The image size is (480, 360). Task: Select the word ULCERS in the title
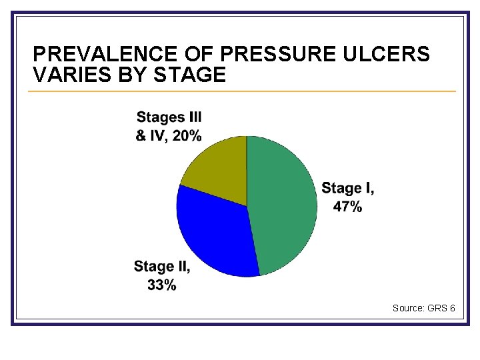[389, 55]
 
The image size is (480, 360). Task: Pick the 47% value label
[348, 207]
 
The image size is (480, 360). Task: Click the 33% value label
[162, 285]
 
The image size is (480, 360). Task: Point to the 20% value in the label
[187, 136]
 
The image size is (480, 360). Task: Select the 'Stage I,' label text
[348, 189]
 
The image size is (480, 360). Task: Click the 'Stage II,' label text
[162, 267]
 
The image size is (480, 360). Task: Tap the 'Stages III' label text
[169, 118]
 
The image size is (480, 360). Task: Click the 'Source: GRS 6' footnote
[423, 308]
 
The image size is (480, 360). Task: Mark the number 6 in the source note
[453, 308]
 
